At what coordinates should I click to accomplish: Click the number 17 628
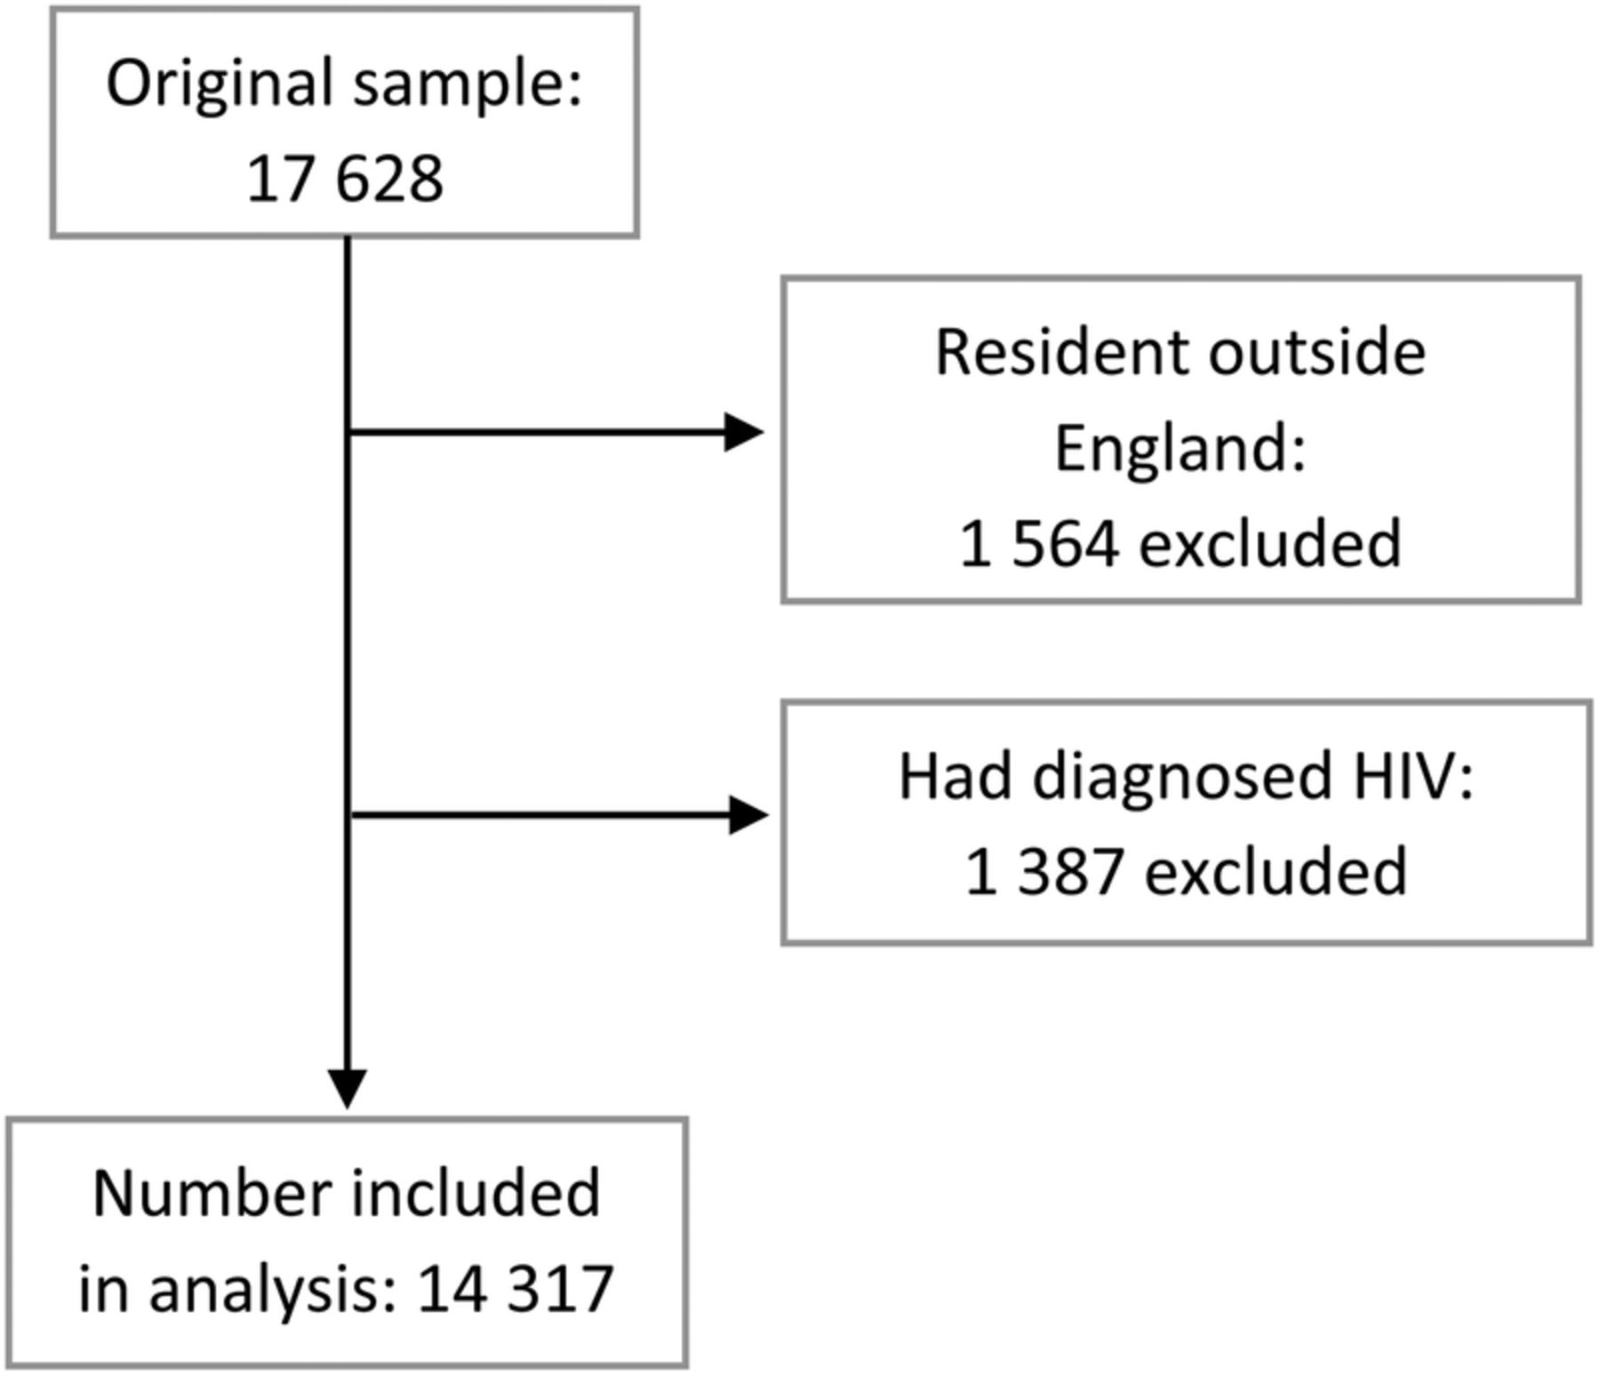(x=345, y=179)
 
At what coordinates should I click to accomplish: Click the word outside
(x=1317, y=352)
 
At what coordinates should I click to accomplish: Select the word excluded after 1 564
(x=1270, y=542)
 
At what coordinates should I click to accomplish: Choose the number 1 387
(x=1044, y=872)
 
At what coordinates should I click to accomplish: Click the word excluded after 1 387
(x=1276, y=870)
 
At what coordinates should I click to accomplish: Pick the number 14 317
(x=516, y=1289)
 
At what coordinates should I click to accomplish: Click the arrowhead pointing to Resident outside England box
(x=744, y=432)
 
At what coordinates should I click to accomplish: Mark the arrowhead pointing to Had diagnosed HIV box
(x=748, y=815)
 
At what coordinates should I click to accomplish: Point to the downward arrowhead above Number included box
(x=348, y=1089)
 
